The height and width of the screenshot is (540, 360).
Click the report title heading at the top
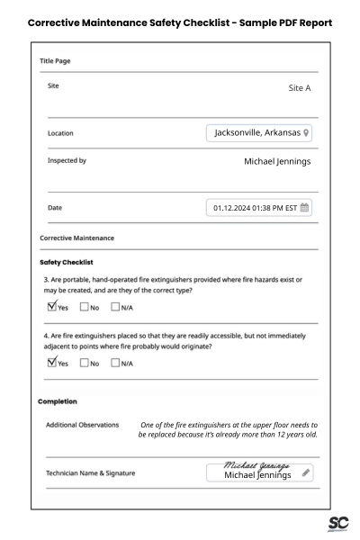tap(180, 21)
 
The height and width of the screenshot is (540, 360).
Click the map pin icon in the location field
tap(307, 133)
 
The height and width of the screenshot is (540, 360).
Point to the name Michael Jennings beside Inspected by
tap(277, 162)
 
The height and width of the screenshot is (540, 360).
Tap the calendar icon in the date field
tap(304, 208)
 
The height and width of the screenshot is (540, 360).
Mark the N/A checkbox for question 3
tap(115, 308)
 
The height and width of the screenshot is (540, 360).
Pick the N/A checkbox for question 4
tap(115, 363)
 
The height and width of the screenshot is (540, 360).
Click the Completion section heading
tap(57, 400)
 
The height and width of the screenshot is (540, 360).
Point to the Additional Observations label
tap(84, 425)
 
